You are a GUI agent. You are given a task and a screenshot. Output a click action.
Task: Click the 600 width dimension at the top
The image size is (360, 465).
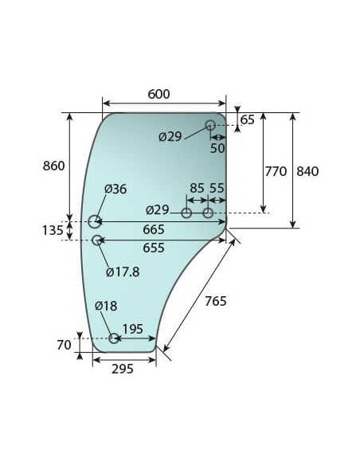pos(158,94)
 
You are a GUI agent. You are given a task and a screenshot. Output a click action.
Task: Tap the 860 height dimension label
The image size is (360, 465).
pos(53,166)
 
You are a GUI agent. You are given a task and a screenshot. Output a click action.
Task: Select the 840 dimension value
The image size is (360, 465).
pos(307,171)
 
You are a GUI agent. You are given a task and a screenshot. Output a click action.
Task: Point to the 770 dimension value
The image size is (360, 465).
pos(275,171)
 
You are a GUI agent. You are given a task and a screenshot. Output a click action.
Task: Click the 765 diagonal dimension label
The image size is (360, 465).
pos(215,301)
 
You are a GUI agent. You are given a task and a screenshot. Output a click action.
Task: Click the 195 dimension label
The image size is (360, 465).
pos(132,329)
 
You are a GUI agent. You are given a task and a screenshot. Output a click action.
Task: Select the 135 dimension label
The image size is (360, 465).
pos(53,230)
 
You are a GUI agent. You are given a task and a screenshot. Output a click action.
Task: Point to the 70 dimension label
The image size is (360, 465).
pos(65,345)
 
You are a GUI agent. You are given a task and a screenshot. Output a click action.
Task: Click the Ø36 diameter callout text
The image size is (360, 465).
pos(115,189)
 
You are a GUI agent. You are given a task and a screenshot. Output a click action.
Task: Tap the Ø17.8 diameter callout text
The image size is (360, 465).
pos(123,272)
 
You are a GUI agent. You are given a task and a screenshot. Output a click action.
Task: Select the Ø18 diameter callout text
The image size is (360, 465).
pos(106,307)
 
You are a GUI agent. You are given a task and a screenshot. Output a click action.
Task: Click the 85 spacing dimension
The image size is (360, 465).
pos(197,189)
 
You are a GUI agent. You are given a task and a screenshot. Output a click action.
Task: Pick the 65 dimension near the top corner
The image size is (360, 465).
pos(247,119)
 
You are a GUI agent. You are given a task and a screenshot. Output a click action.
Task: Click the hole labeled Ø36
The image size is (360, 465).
pos(95,221)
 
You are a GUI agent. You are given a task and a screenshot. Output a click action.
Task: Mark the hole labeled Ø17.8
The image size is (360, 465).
pos(97,240)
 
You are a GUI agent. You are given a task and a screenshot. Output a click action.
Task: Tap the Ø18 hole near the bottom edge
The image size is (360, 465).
pos(114,338)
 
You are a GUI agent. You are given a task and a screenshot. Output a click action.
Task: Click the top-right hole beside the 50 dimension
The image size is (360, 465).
pos(210,125)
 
